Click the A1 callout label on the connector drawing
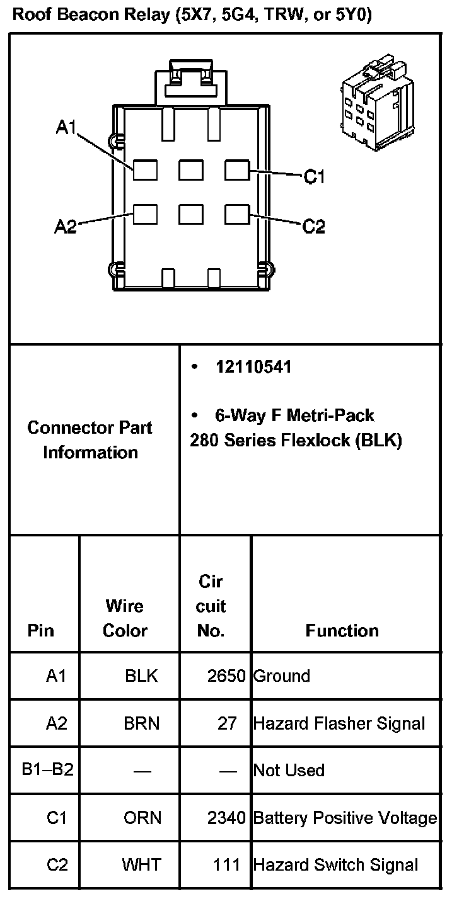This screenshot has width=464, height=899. (66, 128)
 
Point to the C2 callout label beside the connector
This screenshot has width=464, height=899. (313, 226)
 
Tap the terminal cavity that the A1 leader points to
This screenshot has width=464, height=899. (145, 170)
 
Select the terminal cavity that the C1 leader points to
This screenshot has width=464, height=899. (237, 170)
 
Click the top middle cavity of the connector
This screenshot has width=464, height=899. (191, 170)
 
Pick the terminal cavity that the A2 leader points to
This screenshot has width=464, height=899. (145, 215)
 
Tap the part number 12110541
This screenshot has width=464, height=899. (253, 367)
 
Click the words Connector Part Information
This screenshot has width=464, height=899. (90, 439)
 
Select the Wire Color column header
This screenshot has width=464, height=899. (125, 618)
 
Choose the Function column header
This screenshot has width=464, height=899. (342, 630)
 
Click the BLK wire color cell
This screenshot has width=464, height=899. (141, 676)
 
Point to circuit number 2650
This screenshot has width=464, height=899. (226, 676)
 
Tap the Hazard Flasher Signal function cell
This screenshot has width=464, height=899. (339, 723)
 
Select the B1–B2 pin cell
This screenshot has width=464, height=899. (47, 770)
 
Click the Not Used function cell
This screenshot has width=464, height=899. (289, 770)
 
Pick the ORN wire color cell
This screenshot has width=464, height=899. (142, 818)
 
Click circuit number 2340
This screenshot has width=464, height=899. (226, 818)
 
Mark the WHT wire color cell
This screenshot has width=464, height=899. (141, 865)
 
